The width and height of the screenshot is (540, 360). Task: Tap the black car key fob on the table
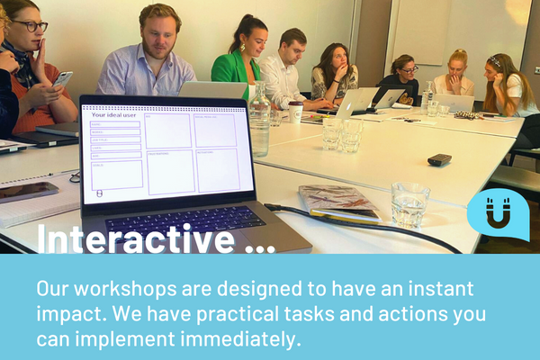(x=439, y=160)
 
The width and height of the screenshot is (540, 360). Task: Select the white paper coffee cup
(x=295, y=112)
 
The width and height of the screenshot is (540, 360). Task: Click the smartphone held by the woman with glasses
(x=63, y=79)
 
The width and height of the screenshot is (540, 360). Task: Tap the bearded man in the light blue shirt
(x=148, y=58)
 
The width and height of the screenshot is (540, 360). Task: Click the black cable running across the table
(x=378, y=225)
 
